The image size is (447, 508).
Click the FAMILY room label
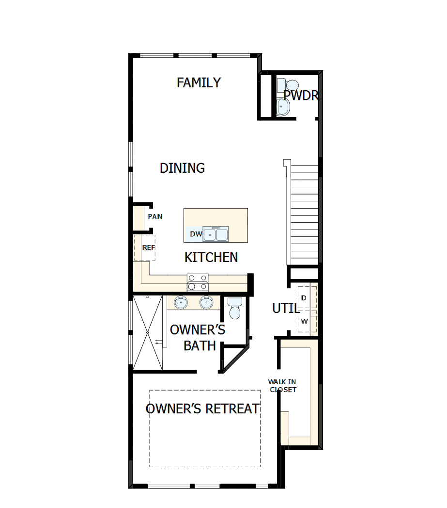tap(199, 82)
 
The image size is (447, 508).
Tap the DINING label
tap(182, 168)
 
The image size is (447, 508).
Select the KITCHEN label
tap(211, 257)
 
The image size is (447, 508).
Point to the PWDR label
tap(300, 95)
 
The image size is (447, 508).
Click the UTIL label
tap(285, 308)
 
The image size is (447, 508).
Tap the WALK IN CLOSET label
tap(283, 386)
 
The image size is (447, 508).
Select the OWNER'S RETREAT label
tap(202, 409)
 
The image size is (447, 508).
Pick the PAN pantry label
tap(155, 216)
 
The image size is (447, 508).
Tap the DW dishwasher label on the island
tap(196, 234)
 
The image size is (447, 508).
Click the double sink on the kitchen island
tap(216, 234)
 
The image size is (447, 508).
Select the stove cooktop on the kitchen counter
tap(198, 282)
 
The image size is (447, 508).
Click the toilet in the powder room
tap(283, 85)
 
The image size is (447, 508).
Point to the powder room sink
tap(282, 106)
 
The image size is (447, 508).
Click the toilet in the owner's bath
tap(235, 309)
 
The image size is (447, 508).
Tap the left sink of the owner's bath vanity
tap(181, 302)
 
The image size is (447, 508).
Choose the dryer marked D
tap(305, 297)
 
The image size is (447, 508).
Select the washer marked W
tap(305, 321)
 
